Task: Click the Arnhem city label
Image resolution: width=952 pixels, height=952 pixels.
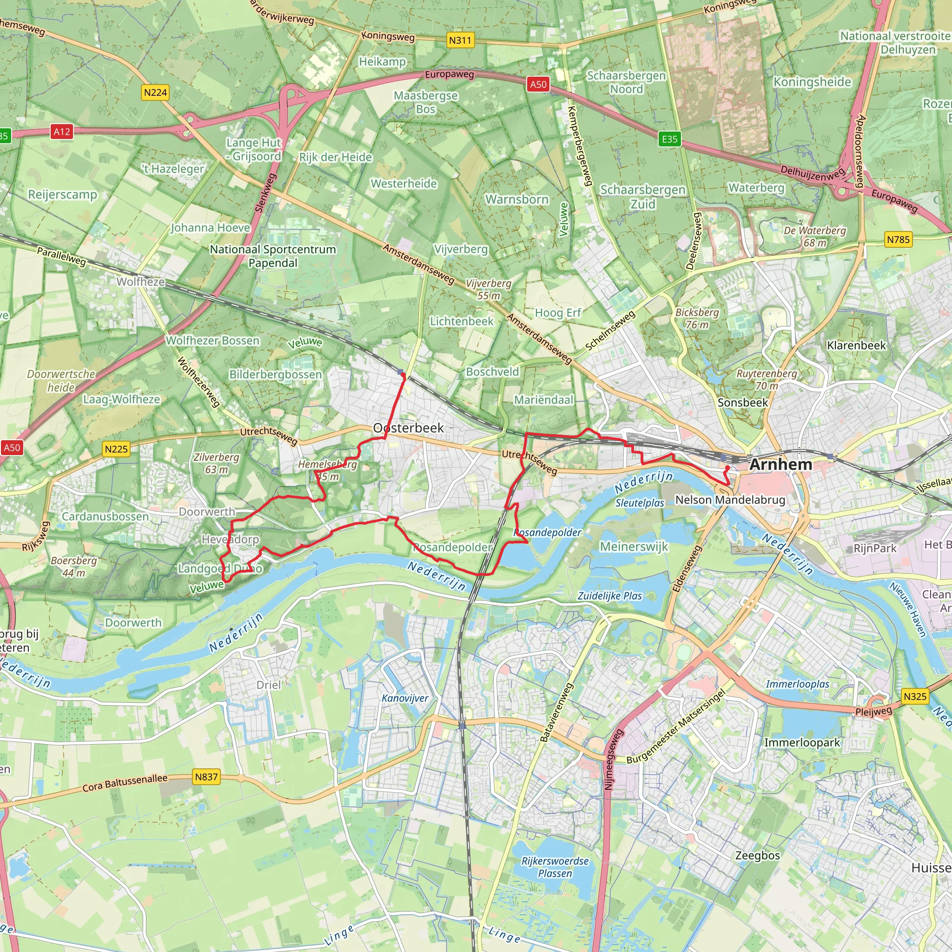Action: tap(780, 464)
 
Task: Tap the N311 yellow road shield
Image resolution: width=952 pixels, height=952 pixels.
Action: tap(460, 40)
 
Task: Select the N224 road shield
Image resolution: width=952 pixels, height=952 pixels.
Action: tap(155, 93)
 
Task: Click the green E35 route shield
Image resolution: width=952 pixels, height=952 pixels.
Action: tap(669, 139)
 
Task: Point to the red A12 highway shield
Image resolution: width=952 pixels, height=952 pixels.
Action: tap(62, 132)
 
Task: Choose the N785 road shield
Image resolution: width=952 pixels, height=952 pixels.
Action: tap(898, 240)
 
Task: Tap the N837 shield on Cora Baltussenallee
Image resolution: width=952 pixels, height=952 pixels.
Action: tap(206, 777)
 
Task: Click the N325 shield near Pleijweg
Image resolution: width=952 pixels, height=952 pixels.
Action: tap(915, 696)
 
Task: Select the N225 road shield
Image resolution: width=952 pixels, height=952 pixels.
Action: tap(116, 449)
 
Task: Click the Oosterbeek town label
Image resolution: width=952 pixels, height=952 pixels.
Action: tap(409, 428)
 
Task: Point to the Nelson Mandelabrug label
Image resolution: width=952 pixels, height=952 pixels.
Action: tap(730, 500)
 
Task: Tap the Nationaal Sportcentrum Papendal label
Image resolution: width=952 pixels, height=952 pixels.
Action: tap(272, 256)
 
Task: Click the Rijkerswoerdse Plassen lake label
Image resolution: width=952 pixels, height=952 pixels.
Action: tap(555, 867)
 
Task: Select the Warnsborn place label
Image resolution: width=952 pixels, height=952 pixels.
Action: tap(516, 199)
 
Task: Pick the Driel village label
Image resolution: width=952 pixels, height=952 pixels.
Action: tap(269, 684)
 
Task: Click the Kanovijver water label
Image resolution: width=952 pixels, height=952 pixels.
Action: tap(405, 698)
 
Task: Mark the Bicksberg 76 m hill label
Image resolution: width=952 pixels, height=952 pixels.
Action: tap(697, 318)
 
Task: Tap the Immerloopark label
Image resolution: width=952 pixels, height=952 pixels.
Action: tap(802, 742)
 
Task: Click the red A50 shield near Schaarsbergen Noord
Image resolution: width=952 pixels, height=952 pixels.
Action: tap(538, 84)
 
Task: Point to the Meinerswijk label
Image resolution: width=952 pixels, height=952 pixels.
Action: tap(634, 547)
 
